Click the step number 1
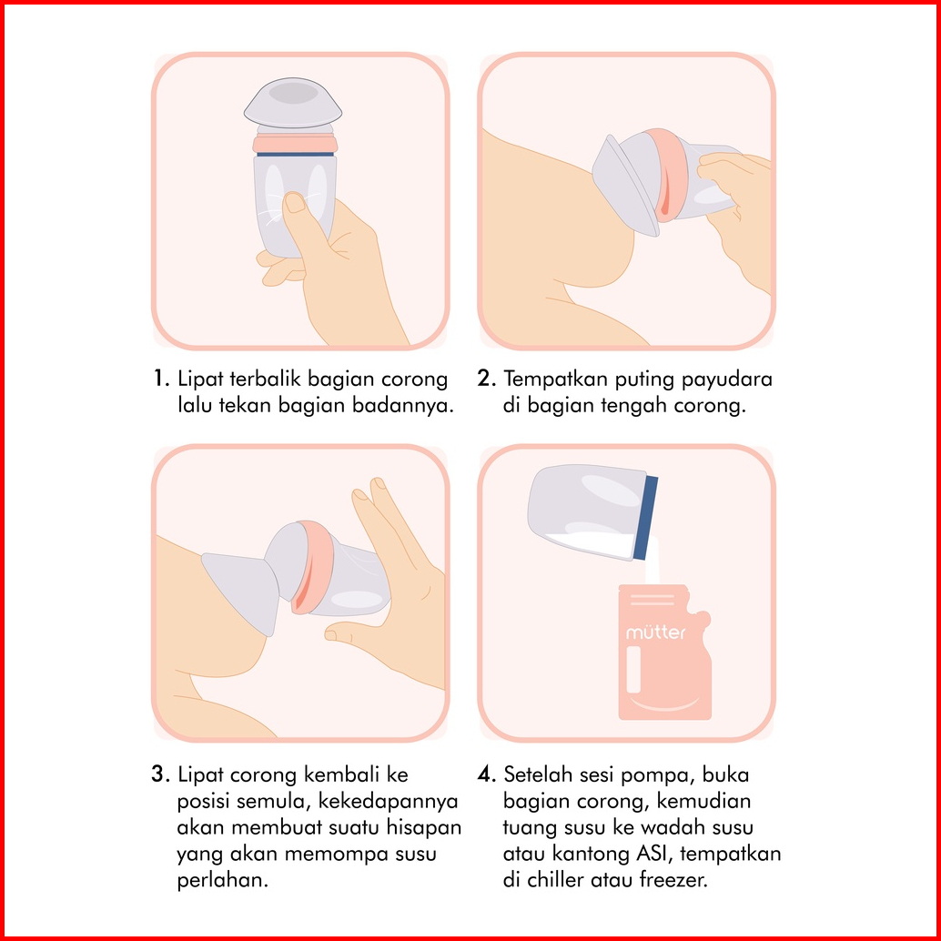160,379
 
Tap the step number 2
487,379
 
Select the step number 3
160,774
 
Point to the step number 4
487,774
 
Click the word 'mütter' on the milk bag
655,632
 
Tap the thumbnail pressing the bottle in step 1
294,202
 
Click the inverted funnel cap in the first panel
293,102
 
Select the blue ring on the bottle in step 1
295,154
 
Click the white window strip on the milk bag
633,669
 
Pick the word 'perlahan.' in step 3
222,880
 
